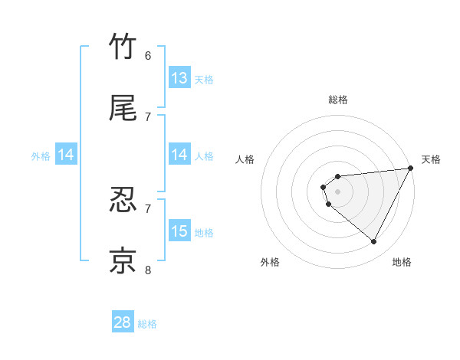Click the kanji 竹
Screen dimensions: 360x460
[x=123, y=47]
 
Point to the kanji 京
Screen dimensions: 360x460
[x=123, y=260]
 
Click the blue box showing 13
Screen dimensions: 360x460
[x=179, y=77]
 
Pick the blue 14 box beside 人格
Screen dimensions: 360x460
[x=179, y=155]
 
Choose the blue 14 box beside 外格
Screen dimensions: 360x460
[x=66, y=155]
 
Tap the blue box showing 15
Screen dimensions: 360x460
[x=179, y=231]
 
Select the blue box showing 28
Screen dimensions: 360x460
[x=123, y=322]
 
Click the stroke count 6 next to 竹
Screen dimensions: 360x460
[x=148, y=55]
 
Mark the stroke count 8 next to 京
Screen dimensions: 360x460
[x=148, y=269]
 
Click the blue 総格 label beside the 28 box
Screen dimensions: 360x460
[x=147, y=324]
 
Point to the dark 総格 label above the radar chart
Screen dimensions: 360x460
[x=338, y=100]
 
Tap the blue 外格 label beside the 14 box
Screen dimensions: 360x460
[x=41, y=156]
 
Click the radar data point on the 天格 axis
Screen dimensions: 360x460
[x=410, y=169]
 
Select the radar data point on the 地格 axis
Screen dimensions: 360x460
[x=374, y=242]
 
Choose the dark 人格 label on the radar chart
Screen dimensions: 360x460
[x=245, y=159]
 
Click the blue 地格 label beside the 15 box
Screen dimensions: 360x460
[x=204, y=233]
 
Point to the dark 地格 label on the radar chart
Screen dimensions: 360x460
[x=402, y=263]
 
